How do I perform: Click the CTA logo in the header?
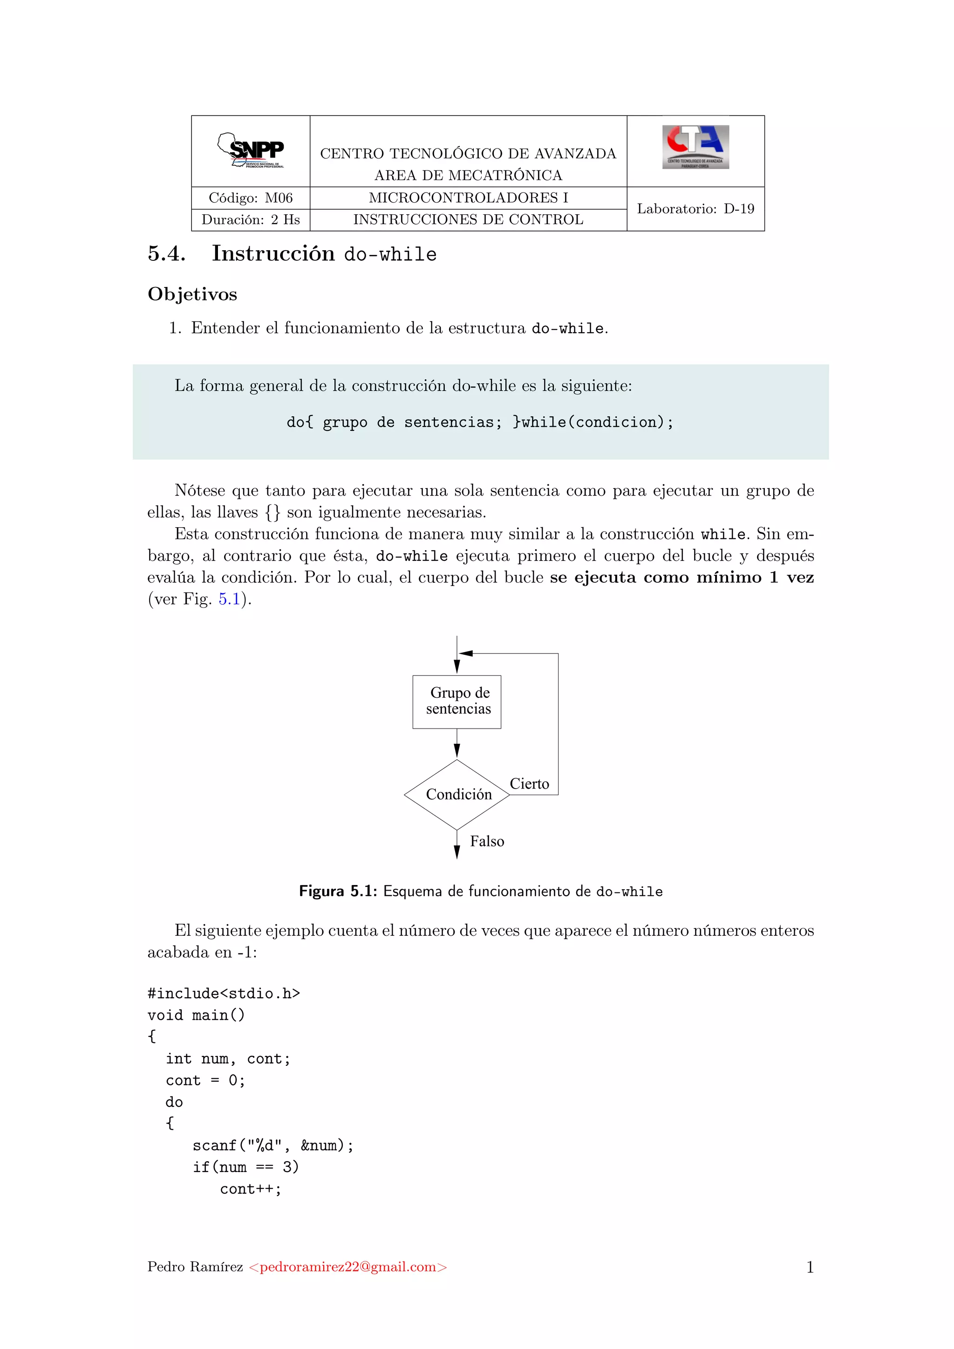[695, 147]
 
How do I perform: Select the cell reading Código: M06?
[250, 198]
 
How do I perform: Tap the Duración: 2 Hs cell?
[250, 220]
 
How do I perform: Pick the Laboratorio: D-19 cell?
[695, 209]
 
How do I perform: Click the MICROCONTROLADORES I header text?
[468, 198]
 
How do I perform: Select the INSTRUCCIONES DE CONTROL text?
[468, 220]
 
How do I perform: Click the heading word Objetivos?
[192, 294]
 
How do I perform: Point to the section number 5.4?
[166, 253]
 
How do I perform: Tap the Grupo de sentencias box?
[457, 702]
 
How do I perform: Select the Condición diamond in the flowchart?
[457, 794]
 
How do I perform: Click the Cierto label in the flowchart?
[529, 784]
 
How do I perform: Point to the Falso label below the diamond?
[486, 841]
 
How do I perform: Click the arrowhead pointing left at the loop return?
[466, 654]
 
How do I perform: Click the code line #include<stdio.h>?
[223, 994]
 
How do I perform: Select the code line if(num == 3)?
[245, 1167]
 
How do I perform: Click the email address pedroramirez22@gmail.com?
[348, 1267]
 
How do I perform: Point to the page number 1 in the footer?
[810, 1267]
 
